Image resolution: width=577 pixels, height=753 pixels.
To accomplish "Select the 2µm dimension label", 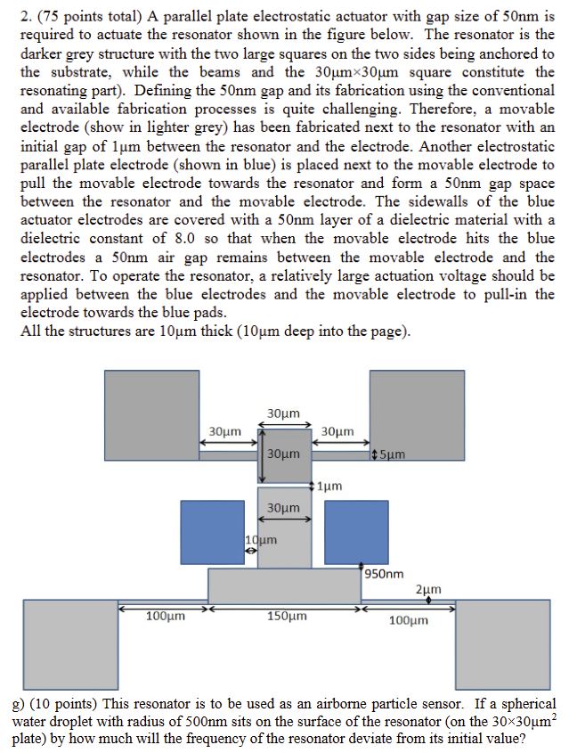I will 428,590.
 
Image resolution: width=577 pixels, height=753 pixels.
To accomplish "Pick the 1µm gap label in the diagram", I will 330,487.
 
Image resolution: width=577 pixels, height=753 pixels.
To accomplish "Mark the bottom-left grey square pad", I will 70,643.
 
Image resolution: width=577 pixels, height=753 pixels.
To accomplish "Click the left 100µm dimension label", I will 166,616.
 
